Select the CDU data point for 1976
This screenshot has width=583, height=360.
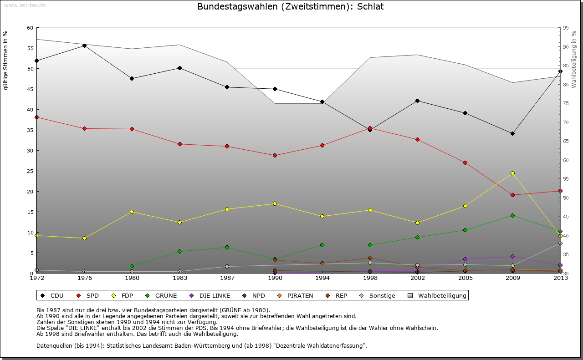(x=84, y=46)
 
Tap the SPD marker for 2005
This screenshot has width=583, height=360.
(x=465, y=162)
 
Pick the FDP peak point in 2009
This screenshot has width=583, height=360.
(x=512, y=173)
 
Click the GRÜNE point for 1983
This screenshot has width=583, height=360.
(x=179, y=251)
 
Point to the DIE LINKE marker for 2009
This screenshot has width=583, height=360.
(x=512, y=256)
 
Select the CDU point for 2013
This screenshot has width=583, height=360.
(x=560, y=71)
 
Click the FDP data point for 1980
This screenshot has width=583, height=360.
(x=132, y=212)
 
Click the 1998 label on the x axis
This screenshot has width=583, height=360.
(x=370, y=279)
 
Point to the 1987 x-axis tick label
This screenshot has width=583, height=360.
(x=227, y=279)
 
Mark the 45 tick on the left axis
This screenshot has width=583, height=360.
(x=31, y=89)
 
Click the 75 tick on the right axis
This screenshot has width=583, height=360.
(x=566, y=104)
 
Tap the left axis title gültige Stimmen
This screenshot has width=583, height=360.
(x=5, y=60)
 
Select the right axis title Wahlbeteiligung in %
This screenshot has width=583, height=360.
(x=574, y=60)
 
